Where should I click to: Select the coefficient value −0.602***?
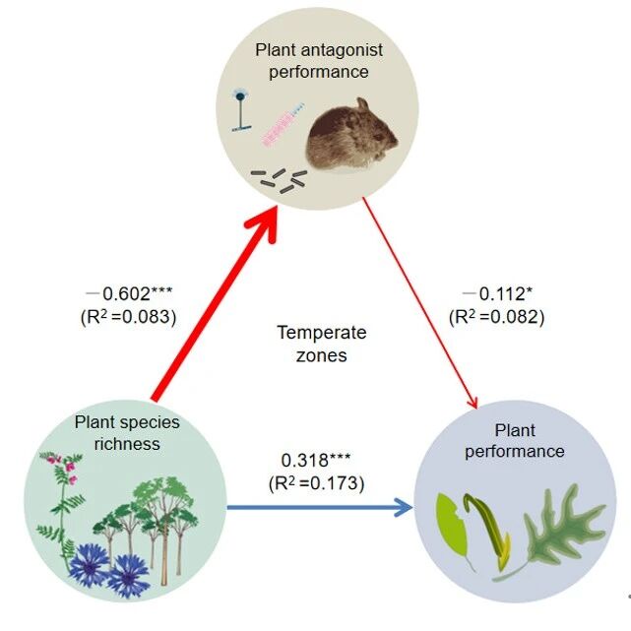(x=128, y=294)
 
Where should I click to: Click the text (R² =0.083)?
(x=127, y=316)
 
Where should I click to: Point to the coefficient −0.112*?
(x=496, y=294)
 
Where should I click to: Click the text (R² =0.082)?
(x=496, y=316)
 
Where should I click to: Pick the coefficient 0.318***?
(x=316, y=461)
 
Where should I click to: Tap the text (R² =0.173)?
(x=316, y=482)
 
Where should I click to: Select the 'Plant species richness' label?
(x=127, y=432)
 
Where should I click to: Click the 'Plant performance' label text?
(x=516, y=440)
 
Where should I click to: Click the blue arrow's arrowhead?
(x=402, y=507)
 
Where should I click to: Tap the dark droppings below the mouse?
(x=280, y=178)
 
